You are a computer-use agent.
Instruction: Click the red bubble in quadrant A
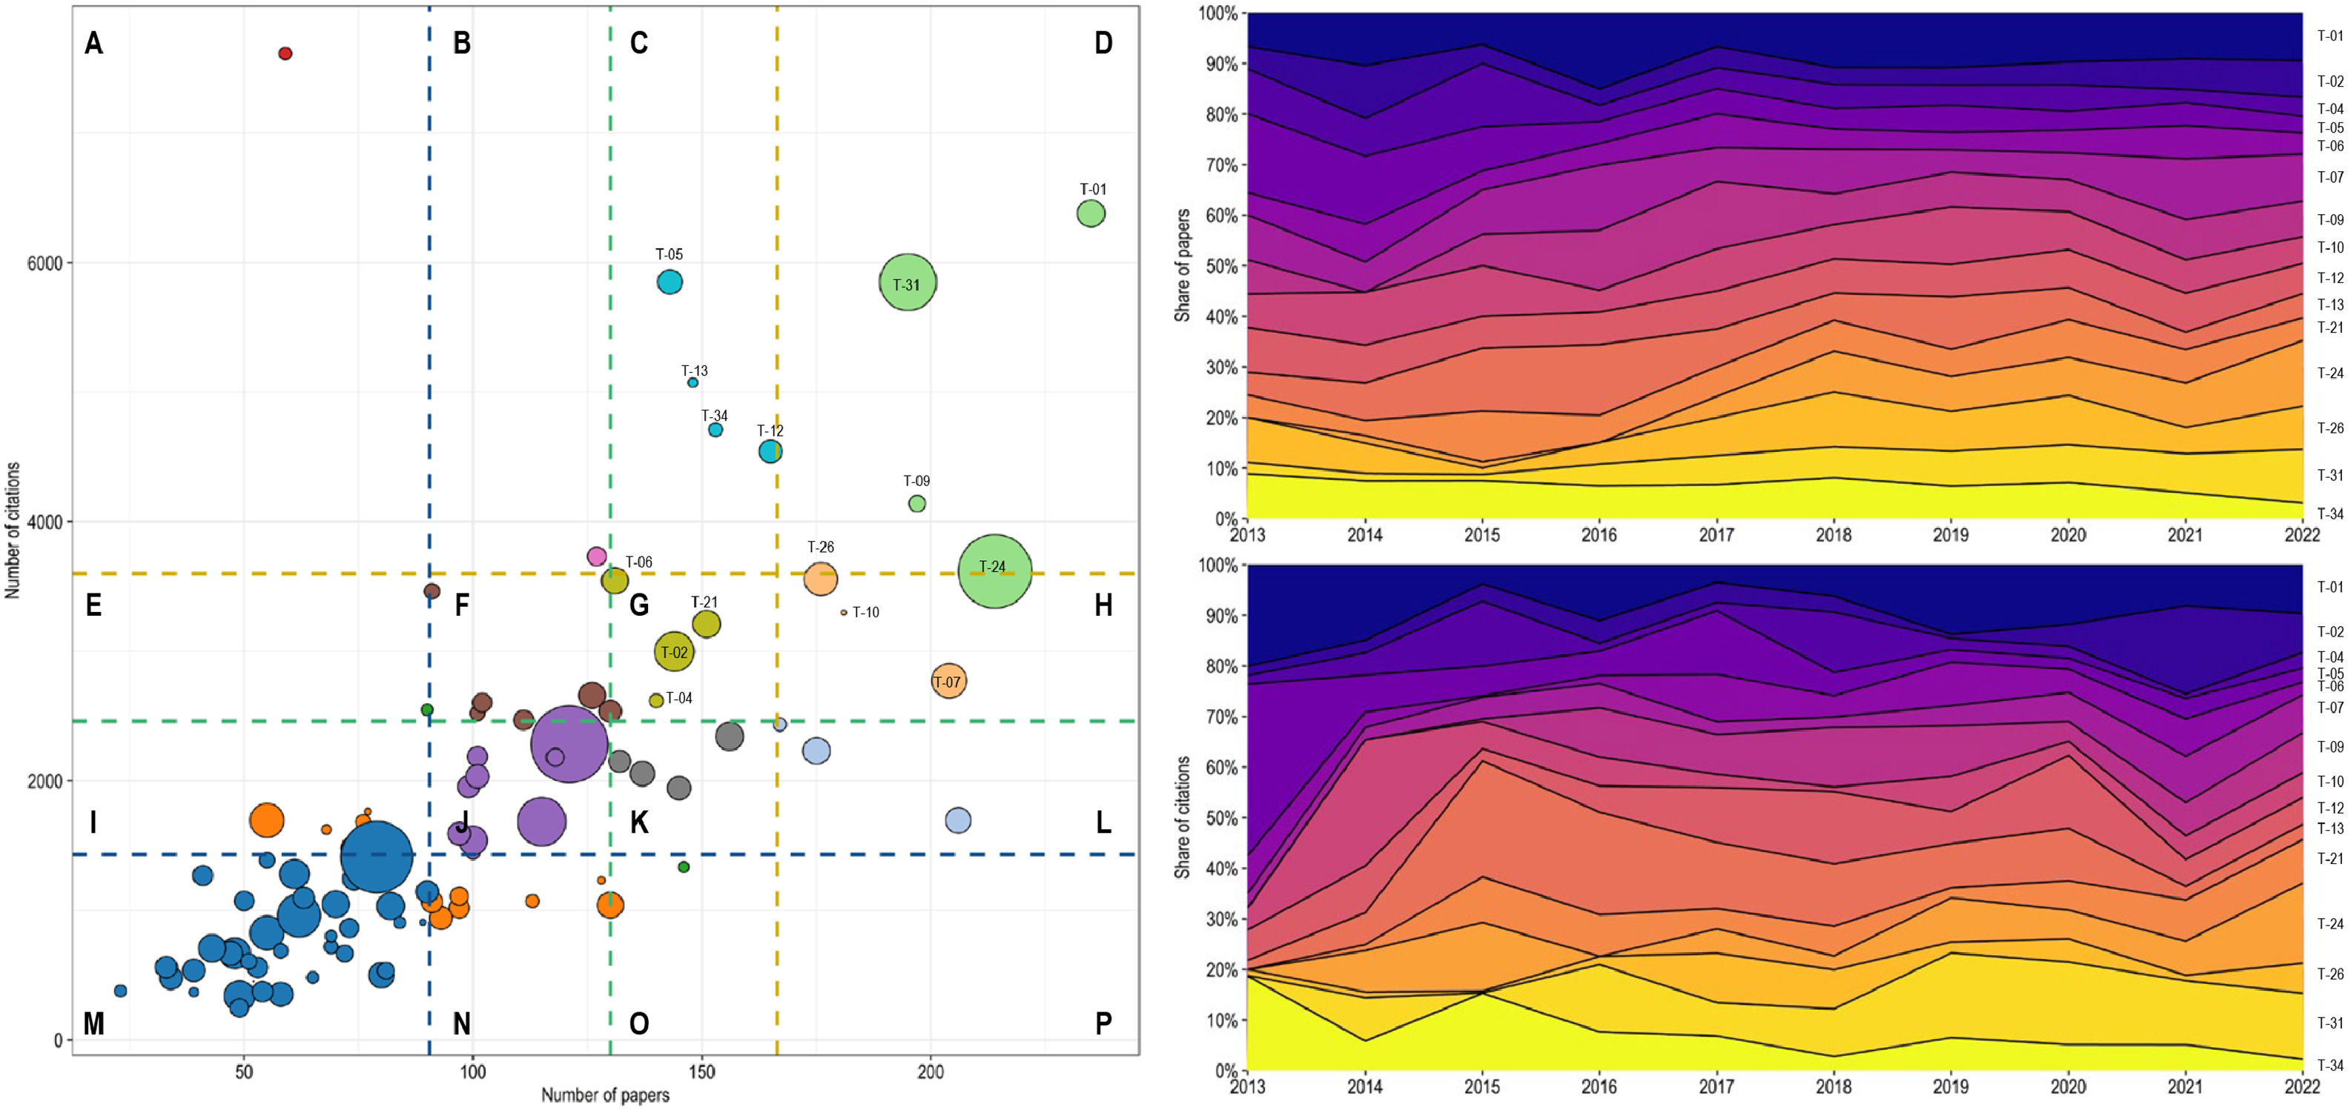285,54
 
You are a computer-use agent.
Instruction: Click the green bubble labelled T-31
908,282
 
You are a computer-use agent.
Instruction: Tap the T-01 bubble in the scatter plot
1091,213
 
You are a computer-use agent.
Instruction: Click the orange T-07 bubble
949,681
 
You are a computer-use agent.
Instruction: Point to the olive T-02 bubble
675,651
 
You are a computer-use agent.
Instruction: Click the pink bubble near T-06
597,556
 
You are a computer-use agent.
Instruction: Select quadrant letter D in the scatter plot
1103,43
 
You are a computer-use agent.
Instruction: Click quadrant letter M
94,1023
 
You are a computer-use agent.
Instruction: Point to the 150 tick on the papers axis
701,1071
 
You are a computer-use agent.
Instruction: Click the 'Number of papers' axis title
605,1095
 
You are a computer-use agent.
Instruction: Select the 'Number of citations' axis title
13,530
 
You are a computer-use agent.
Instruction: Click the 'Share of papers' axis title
1183,265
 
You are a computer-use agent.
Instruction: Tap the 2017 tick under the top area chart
1716,535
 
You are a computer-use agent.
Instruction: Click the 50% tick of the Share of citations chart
1223,818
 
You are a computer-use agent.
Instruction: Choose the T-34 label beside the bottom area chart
2329,1065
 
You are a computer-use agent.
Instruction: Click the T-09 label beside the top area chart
2329,219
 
